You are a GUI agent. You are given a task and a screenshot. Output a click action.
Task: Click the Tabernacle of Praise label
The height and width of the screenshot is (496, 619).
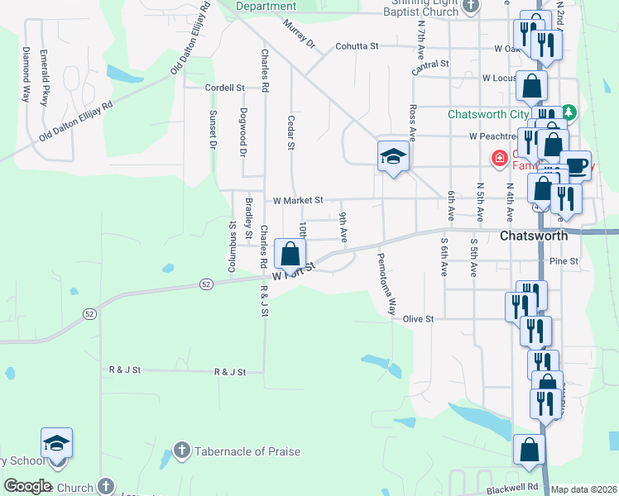(247, 451)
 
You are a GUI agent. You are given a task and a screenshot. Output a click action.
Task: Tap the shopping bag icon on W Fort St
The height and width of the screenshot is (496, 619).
(290, 254)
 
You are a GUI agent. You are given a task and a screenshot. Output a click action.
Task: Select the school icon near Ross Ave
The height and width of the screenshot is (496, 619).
(392, 157)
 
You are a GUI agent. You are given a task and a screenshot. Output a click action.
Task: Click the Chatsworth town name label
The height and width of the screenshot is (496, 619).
(535, 236)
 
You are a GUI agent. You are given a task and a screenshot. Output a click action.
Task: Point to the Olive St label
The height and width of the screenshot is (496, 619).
(418, 318)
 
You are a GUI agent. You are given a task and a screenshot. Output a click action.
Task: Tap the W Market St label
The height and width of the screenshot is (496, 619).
(297, 200)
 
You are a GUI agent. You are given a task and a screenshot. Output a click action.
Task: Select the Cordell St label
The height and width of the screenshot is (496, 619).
(226, 87)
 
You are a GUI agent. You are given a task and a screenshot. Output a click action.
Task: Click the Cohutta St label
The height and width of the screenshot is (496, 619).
(357, 47)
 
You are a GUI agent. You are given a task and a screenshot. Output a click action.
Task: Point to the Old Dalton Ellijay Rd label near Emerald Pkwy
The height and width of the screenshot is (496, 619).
(74, 118)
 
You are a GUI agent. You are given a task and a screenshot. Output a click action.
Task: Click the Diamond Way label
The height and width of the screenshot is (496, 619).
(26, 74)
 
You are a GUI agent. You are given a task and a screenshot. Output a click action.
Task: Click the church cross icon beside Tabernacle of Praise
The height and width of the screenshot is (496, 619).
(182, 451)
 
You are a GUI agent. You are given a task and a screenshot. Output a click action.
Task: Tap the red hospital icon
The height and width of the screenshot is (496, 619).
(499, 157)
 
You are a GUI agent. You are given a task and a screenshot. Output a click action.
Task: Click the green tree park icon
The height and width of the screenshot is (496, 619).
(569, 111)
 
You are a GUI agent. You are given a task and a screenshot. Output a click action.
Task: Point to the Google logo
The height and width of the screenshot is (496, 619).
(27, 486)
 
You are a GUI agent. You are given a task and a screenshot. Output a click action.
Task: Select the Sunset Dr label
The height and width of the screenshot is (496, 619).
(213, 130)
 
